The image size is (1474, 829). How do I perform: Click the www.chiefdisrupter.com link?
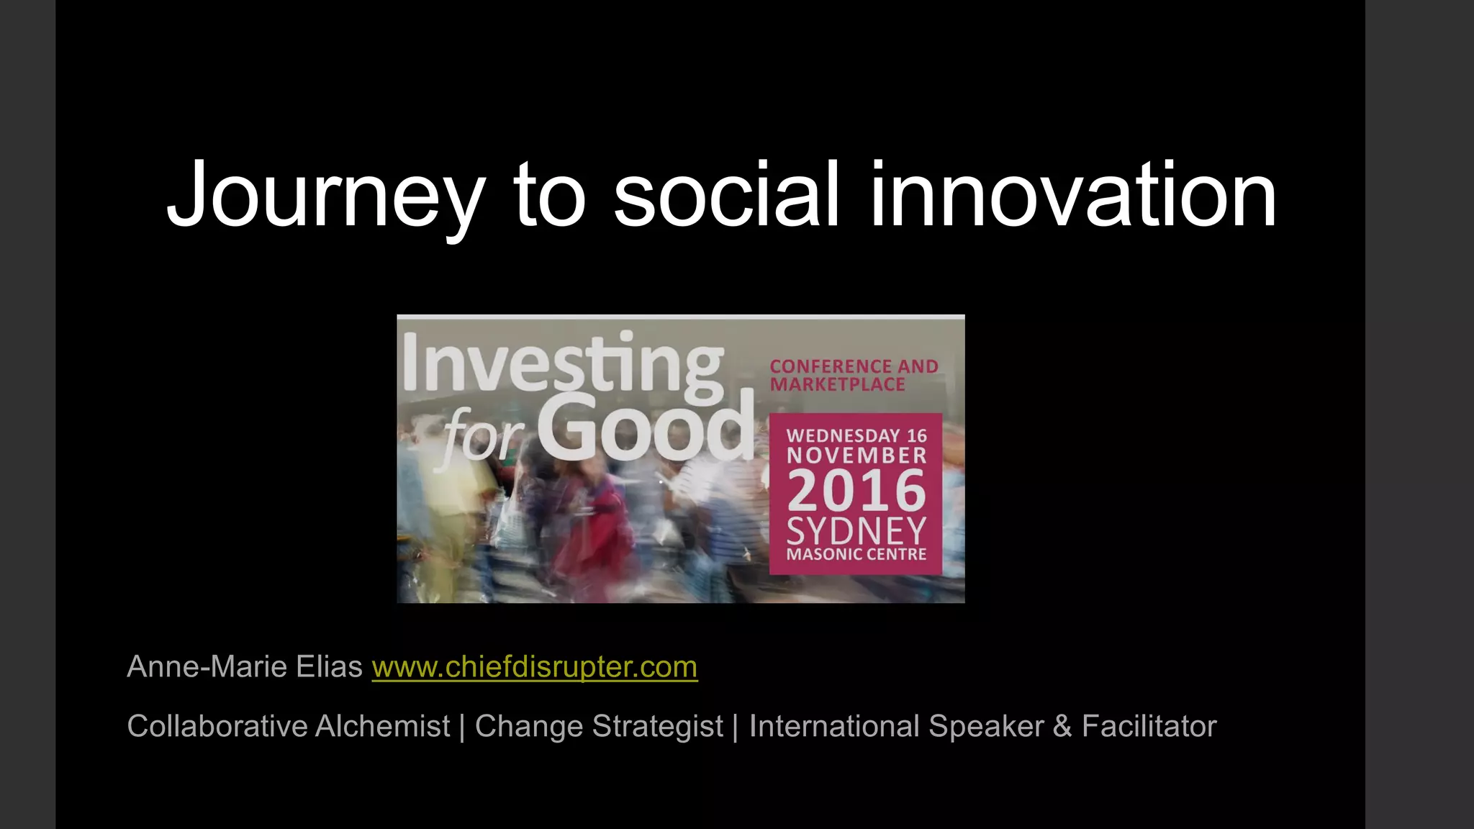click(x=534, y=667)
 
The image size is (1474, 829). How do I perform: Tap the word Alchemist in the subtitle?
click(x=382, y=726)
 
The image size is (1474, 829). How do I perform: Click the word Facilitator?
click(x=1149, y=726)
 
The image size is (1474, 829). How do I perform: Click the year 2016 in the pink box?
click(x=856, y=491)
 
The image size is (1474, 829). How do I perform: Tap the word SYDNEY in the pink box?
click(x=856, y=531)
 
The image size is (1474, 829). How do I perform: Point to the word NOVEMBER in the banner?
click(x=856, y=456)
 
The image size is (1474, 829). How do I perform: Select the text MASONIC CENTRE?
click(x=856, y=555)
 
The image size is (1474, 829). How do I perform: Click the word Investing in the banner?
click(x=562, y=363)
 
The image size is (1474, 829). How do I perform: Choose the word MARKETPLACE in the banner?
click(x=838, y=385)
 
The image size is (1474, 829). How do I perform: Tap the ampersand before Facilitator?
click(x=1062, y=726)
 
